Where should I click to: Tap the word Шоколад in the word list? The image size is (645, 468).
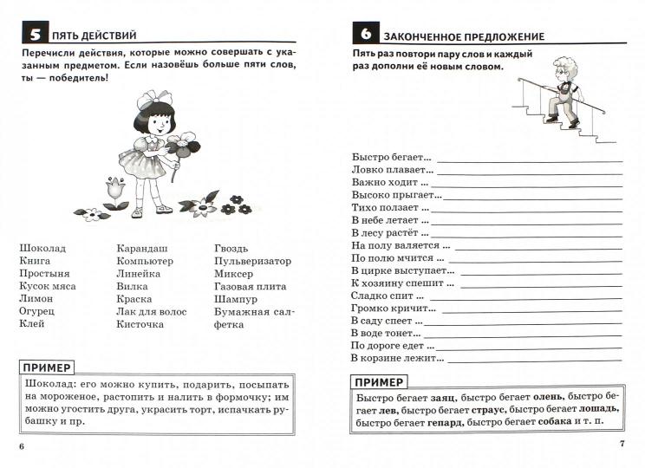click(x=42, y=248)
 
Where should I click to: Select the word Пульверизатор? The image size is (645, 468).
click(x=253, y=261)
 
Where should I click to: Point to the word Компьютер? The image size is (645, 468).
click(x=145, y=261)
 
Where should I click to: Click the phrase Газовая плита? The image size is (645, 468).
click(x=250, y=286)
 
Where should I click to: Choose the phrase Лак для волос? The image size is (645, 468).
click(x=151, y=311)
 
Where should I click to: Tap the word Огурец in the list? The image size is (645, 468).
click(x=36, y=311)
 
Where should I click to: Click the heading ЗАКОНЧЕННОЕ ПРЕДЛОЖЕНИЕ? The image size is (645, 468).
click(x=464, y=36)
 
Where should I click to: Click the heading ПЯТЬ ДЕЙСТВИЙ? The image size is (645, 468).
click(x=94, y=36)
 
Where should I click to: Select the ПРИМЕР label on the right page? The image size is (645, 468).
click(x=380, y=382)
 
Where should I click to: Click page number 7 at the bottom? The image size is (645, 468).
click(x=622, y=445)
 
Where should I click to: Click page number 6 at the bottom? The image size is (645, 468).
click(x=22, y=445)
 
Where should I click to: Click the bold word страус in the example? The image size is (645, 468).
click(x=488, y=410)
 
